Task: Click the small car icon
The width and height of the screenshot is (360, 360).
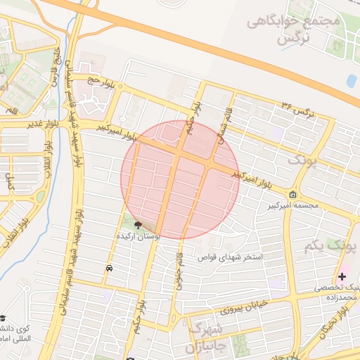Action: (x=109, y=269)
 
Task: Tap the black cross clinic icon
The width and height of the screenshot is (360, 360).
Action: (x=342, y=276)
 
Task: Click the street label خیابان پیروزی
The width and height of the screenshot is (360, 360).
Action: (x=247, y=307)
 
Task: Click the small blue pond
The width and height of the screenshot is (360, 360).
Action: (x=351, y=81)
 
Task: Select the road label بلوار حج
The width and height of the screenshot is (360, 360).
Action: (x=100, y=83)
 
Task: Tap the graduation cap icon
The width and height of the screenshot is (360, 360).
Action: (x=4, y=319)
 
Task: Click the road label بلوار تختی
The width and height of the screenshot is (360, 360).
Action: (x=336, y=323)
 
